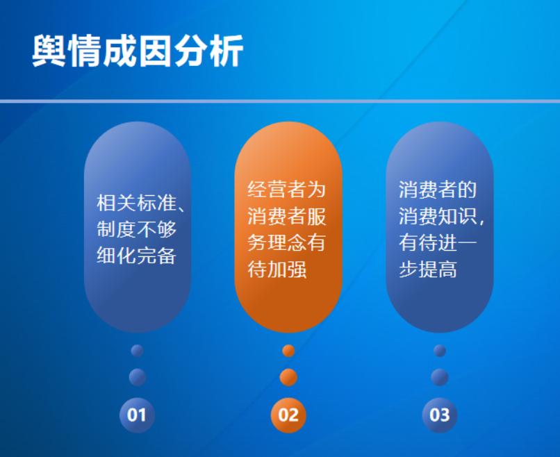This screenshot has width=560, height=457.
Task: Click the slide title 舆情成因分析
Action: [x=138, y=51]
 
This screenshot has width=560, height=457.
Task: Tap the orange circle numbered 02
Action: [x=288, y=415]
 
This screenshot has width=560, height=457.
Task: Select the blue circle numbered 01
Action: [x=137, y=415]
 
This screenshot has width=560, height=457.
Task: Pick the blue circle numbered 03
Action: [x=440, y=415]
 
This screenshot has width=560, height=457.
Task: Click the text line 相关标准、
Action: [x=141, y=203]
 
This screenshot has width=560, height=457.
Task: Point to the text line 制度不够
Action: [x=136, y=229]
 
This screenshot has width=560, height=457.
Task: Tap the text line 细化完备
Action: [x=136, y=256]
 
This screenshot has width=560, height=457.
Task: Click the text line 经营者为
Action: [x=287, y=190]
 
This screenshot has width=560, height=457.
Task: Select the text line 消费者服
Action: [x=287, y=216]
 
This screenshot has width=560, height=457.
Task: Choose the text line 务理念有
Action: [x=287, y=243]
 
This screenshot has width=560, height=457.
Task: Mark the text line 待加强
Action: [x=277, y=269]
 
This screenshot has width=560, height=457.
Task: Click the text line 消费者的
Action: [x=438, y=190]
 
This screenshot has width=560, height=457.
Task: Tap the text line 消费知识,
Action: [x=441, y=216]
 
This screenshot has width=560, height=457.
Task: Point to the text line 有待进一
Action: [x=438, y=243]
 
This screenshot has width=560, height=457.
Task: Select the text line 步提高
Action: [x=428, y=269]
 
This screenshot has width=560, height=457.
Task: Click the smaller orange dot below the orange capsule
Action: [x=288, y=351]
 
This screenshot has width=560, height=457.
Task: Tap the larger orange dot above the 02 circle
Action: [x=288, y=377]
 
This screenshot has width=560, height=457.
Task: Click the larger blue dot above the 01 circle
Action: [x=137, y=377]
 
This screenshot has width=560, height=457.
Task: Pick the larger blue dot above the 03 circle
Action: [x=440, y=377]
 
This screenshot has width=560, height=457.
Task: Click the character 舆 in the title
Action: [x=49, y=51]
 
